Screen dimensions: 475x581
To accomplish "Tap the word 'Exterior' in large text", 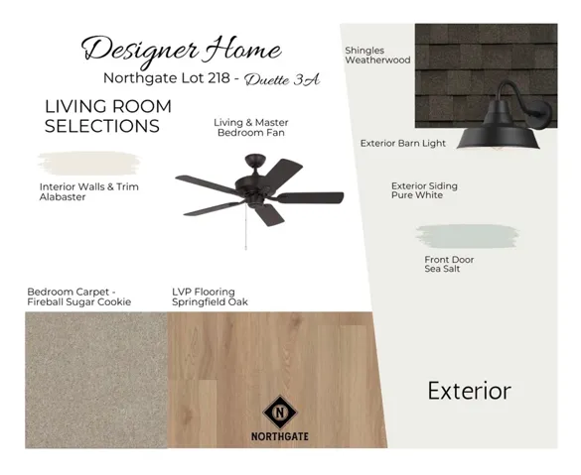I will (x=469, y=391).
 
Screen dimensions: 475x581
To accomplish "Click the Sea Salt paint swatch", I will (x=467, y=236).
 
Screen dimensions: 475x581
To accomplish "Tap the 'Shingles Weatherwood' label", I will (x=377, y=56).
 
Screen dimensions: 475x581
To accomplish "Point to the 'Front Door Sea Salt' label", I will (x=449, y=265).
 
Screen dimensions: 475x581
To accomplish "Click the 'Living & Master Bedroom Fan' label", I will (x=250, y=127).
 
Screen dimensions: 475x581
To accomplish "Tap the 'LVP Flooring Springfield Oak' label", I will (x=210, y=297).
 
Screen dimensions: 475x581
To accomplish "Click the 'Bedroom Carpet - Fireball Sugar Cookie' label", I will (x=78, y=297).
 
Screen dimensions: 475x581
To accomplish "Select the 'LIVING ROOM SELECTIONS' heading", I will (x=107, y=116).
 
